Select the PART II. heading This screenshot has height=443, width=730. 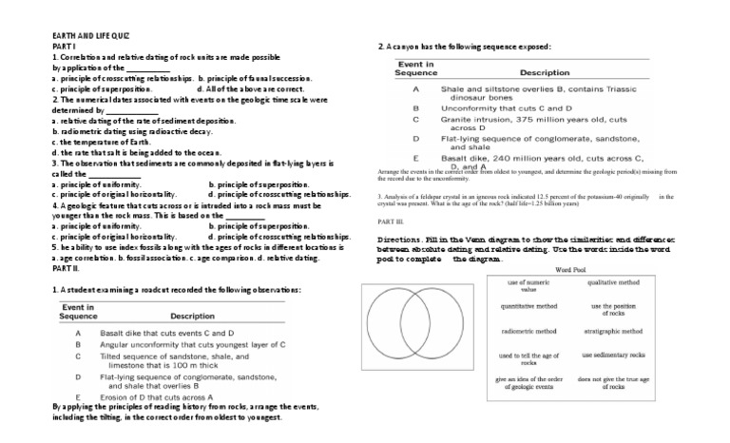click(x=67, y=269)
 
